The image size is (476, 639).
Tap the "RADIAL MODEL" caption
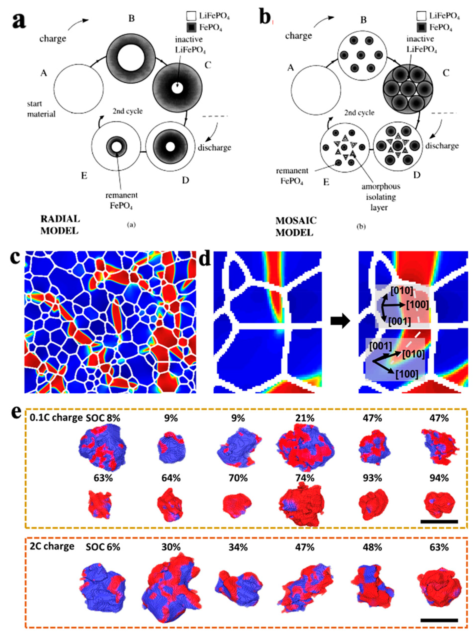[x=60, y=225]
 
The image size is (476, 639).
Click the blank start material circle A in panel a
[x=78, y=89]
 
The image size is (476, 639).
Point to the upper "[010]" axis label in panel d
[x=402, y=291]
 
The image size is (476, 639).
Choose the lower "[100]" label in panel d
[x=406, y=374]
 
